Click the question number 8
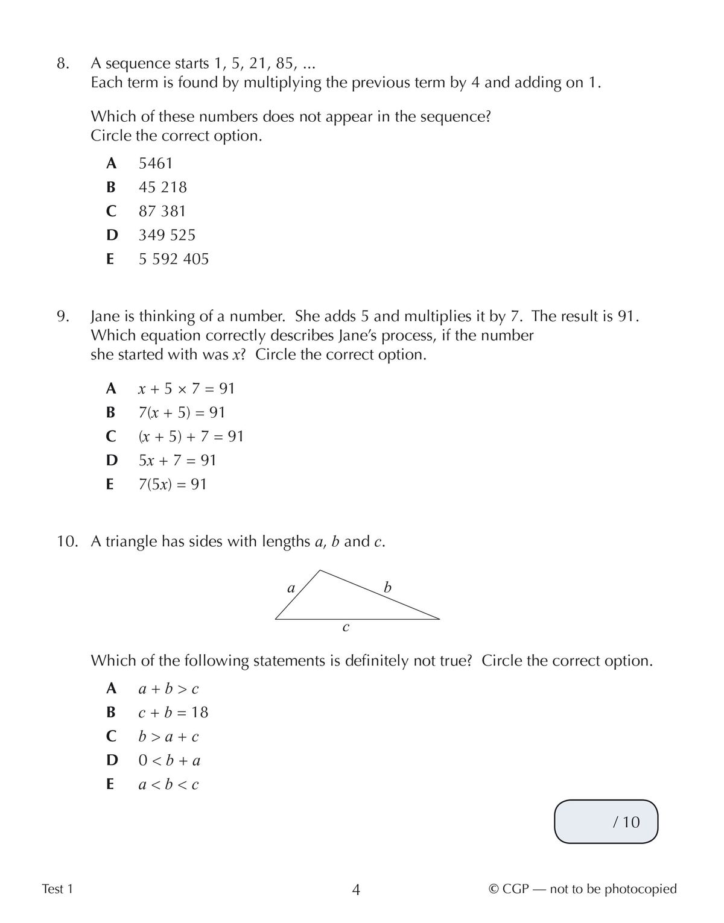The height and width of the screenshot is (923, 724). (x=63, y=64)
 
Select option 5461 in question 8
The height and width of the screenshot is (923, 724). (x=156, y=163)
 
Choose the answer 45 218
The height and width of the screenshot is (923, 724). (x=162, y=187)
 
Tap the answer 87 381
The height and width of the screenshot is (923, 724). (x=162, y=212)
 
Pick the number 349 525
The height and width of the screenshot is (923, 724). (x=167, y=235)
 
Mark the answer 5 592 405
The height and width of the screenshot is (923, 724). (x=173, y=259)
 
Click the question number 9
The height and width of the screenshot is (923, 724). (x=63, y=317)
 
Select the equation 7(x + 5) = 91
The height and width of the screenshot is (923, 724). (x=182, y=413)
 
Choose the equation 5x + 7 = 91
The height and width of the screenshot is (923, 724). (x=177, y=461)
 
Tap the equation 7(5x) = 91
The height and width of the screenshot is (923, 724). (x=173, y=485)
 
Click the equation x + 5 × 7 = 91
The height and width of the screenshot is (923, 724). (x=186, y=389)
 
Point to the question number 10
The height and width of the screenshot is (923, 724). (x=68, y=542)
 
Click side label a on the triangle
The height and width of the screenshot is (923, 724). (x=291, y=588)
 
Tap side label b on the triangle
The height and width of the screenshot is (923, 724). (x=387, y=587)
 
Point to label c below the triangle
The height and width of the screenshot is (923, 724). (x=346, y=628)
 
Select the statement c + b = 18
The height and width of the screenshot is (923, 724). (x=173, y=713)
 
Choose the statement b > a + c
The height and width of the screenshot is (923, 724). (x=168, y=737)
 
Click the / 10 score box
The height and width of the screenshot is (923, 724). (x=606, y=822)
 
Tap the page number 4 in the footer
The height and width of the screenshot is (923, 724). (x=356, y=890)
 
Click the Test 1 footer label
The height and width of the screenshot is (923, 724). (x=57, y=889)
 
